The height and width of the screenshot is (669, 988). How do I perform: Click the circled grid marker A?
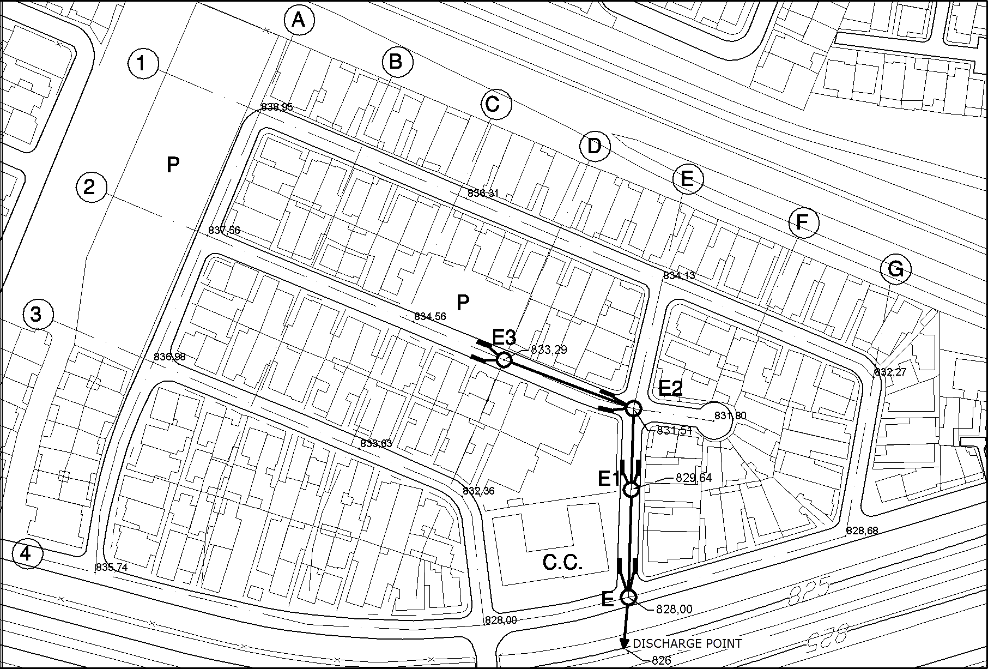click(x=298, y=21)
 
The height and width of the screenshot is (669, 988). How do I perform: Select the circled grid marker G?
click(x=895, y=269)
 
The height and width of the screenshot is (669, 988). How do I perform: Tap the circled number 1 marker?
click(x=142, y=64)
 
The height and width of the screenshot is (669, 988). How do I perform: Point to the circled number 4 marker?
click(x=26, y=554)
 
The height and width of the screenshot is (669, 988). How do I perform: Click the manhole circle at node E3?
click(x=504, y=360)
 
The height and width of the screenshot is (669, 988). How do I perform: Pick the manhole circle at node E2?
click(x=633, y=408)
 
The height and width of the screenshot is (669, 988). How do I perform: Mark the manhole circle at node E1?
click(x=631, y=490)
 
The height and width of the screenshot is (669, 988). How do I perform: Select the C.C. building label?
click(x=562, y=563)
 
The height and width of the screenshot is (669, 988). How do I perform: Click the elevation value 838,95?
click(x=277, y=107)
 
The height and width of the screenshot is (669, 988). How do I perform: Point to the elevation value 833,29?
click(x=548, y=350)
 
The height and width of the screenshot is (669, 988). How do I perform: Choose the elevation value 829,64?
click(x=693, y=478)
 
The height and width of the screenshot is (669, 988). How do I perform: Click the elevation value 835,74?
click(x=112, y=568)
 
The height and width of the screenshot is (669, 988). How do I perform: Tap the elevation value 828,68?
click(x=862, y=531)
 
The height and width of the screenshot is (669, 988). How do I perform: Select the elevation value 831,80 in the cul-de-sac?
click(x=730, y=416)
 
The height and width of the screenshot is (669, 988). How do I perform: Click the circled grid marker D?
click(x=595, y=147)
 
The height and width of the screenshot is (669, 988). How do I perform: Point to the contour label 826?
click(x=661, y=661)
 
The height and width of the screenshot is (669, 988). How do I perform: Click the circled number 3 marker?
click(x=36, y=315)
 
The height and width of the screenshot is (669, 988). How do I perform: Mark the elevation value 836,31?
click(x=483, y=193)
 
